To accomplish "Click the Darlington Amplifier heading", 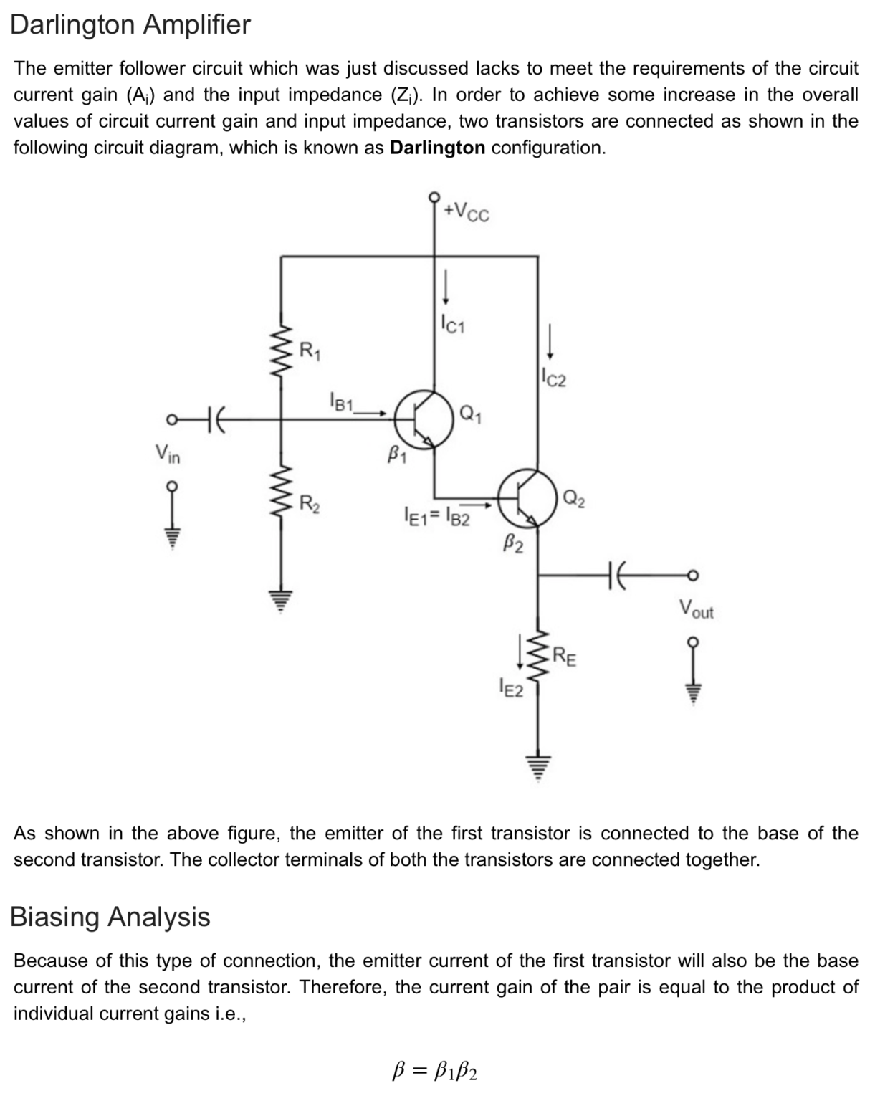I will (x=130, y=25).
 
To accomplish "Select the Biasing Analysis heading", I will (x=110, y=917).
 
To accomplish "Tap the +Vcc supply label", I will (x=467, y=211).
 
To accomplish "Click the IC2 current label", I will (x=553, y=378).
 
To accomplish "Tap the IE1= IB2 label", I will (x=437, y=516).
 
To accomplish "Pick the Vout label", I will (x=697, y=610).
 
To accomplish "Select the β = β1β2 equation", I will (x=436, y=1072).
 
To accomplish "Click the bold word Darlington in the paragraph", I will (x=437, y=148).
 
